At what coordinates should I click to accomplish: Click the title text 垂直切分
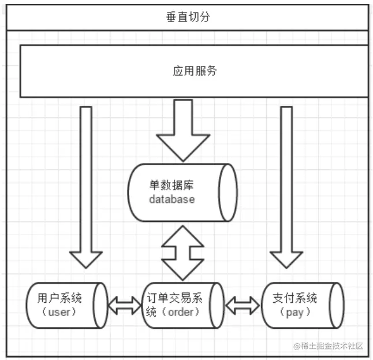click(188, 17)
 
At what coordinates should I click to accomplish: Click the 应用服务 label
click(195, 71)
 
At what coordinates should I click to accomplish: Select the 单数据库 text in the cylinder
click(171, 185)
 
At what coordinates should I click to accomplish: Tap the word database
click(171, 199)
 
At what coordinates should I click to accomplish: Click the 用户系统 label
click(59, 298)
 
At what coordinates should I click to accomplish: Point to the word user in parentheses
click(59, 312)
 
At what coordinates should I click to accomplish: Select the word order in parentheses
click(181, 312)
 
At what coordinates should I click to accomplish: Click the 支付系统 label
click(294, 298)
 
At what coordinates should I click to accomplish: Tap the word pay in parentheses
click(294, 313)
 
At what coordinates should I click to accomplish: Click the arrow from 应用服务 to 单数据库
click(183, 131)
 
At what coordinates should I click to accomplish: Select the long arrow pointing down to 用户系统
click(86, 187)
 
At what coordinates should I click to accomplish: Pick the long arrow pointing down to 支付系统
click(286, 187)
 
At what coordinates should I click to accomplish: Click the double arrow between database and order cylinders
click(182, 253)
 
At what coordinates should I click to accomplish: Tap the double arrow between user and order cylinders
click(125, 306)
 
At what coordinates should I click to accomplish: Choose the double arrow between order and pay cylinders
click(243, 306)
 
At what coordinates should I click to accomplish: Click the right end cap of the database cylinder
click(228, 192)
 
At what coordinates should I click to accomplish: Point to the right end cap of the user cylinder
click(100, 306)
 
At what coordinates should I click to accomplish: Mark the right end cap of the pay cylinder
click(337, 306)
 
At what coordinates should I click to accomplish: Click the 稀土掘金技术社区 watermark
click(329, 346)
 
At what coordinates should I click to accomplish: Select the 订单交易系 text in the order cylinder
click(174, 298)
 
